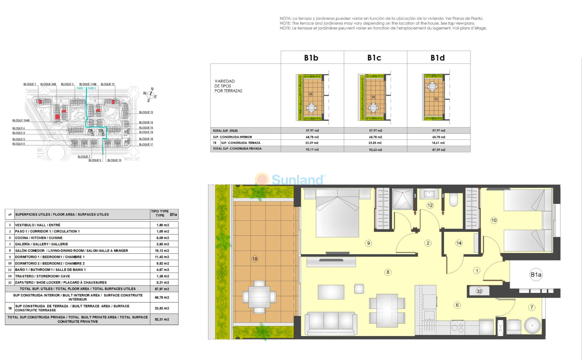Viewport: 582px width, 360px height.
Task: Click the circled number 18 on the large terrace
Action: click(x=255, y=259)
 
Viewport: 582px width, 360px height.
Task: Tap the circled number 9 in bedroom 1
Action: click(x=368, y=243)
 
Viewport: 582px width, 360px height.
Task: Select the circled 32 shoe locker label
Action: click(x=479, y=291)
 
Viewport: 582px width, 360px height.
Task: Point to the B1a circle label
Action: click(x=536, y=274)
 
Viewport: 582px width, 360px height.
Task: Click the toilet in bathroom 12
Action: click(x=454, y=199)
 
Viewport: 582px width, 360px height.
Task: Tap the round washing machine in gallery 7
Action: click(x=532, y=325)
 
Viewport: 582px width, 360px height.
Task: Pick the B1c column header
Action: click(x=374, y=58)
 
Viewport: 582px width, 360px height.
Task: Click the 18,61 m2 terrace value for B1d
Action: click(x=439, y=143)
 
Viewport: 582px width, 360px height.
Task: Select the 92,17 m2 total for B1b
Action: click(x=312, y=149)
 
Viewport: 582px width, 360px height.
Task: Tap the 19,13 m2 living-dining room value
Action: click(x=163, y=250)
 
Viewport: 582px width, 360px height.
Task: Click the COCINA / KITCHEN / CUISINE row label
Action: click(x=39, y=238)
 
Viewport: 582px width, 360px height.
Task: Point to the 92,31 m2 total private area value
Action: click(x=162, y=319)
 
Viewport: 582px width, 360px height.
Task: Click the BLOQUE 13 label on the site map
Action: click(x=146, y=112)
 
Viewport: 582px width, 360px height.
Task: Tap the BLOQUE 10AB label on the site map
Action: click(x=21, y=121)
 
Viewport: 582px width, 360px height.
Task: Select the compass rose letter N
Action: click(x=152, y=89)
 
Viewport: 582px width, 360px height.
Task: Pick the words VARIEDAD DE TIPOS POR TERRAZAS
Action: click(x=228, y=86)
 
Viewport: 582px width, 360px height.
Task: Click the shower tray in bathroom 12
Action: click(x=403, y=199)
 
